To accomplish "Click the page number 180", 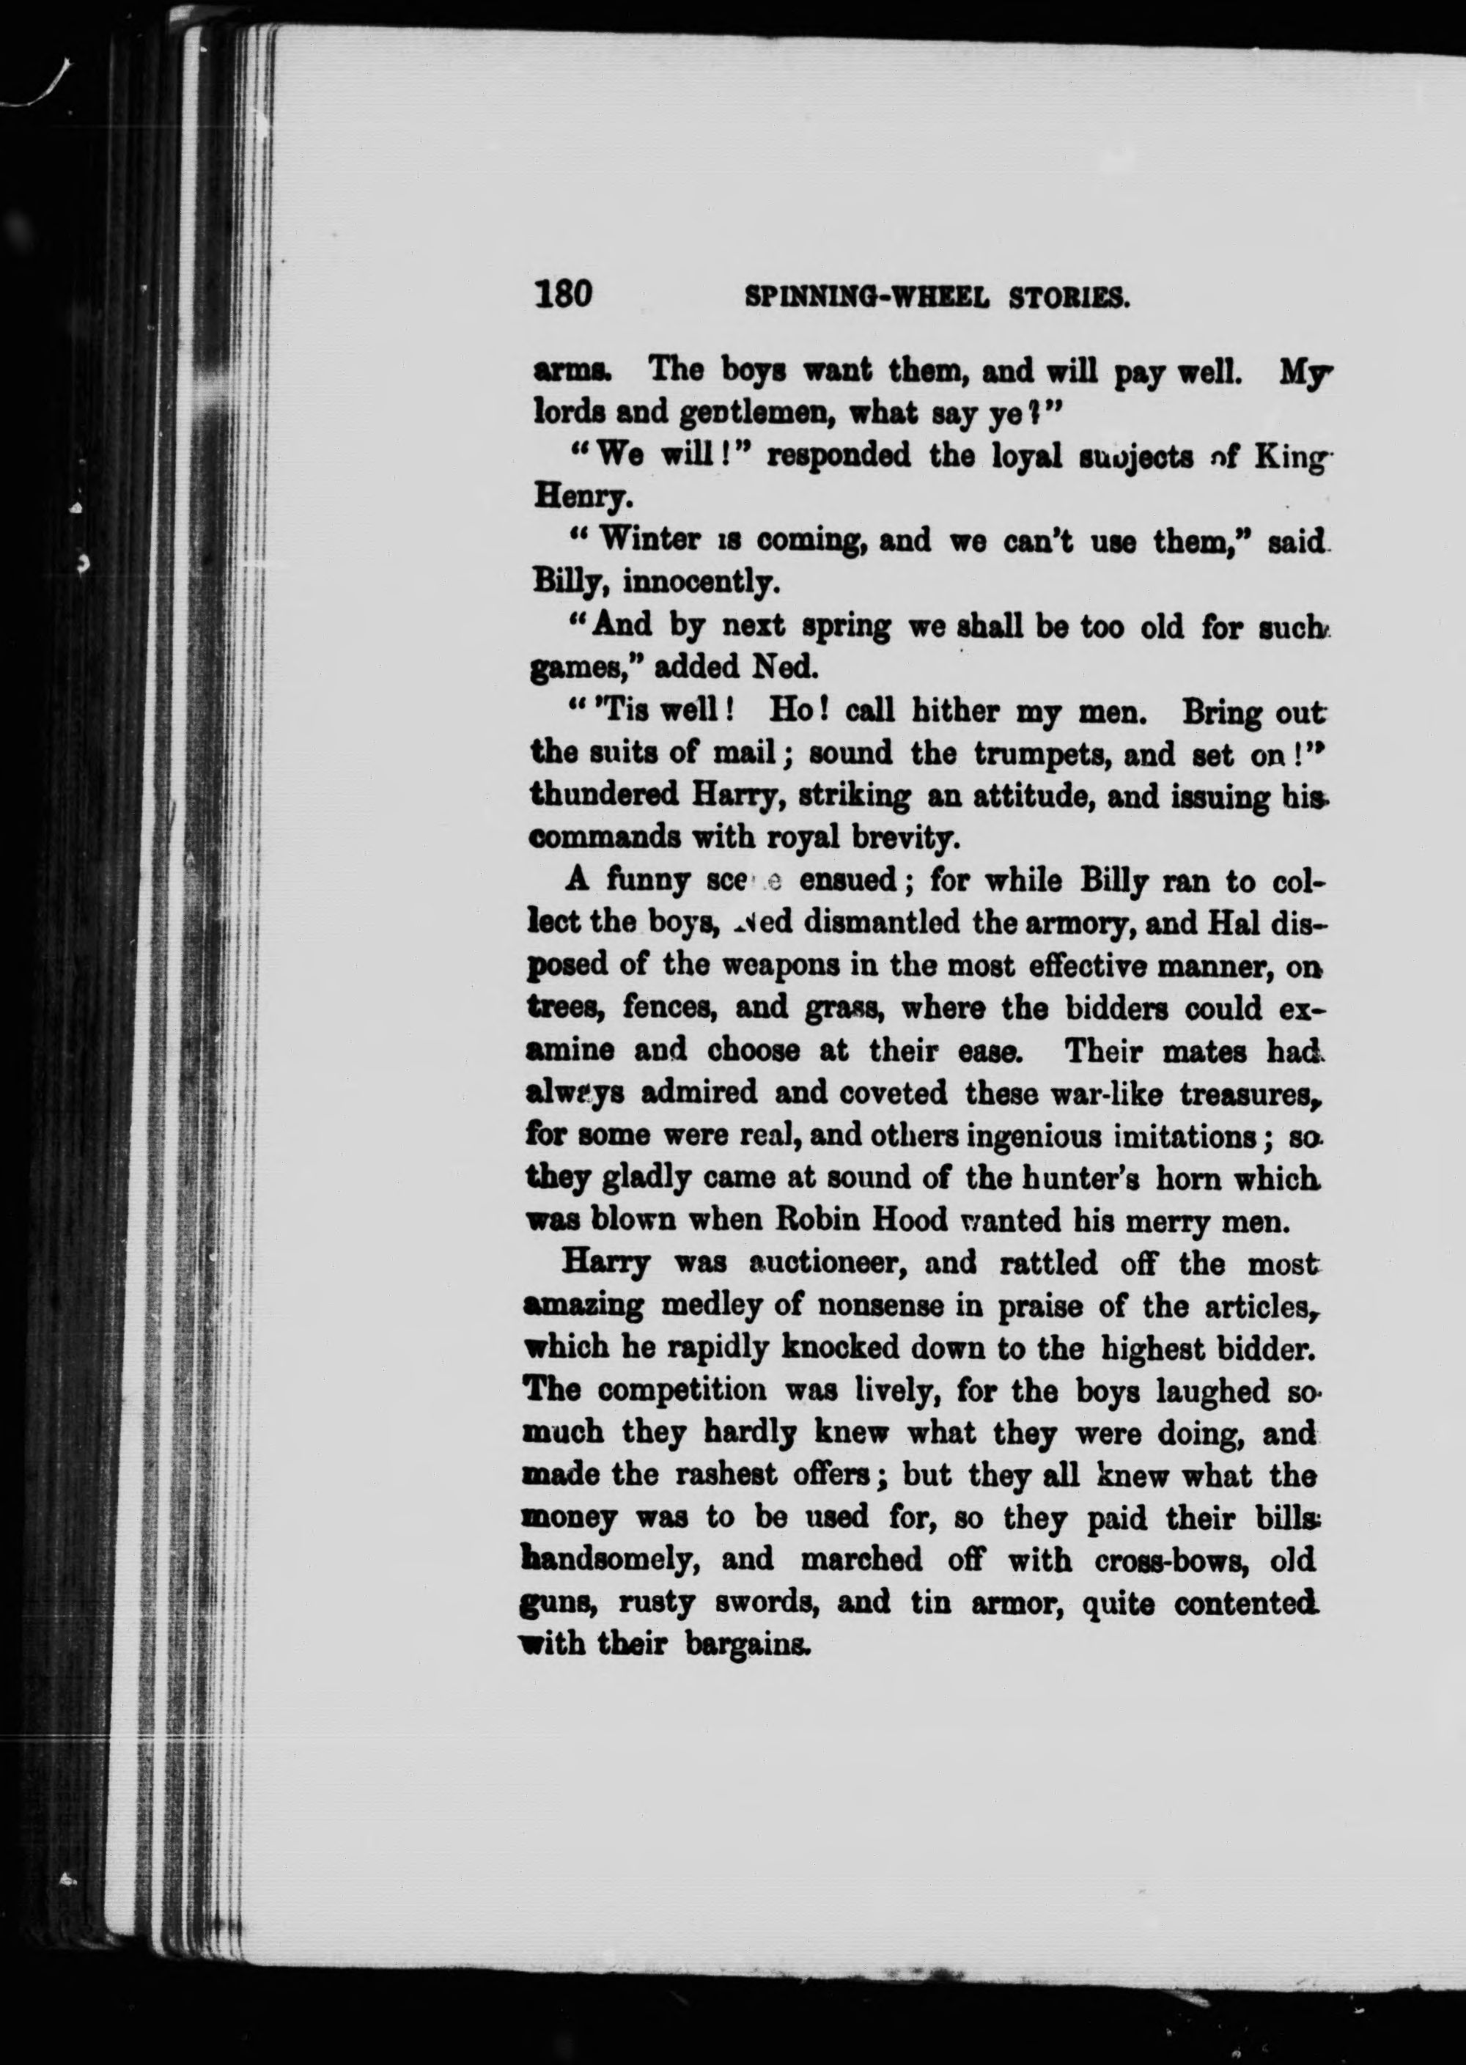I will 563,294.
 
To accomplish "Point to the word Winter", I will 650,540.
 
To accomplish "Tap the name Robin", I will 819,1221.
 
